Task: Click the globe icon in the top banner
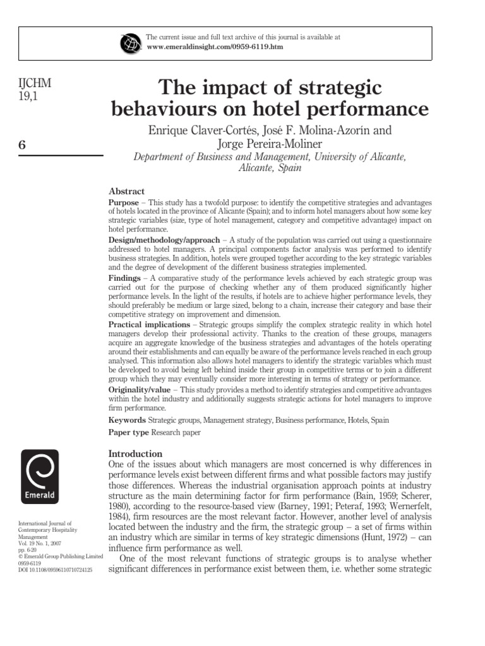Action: [x=129, y=43]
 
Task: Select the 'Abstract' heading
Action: [x=127, y=191]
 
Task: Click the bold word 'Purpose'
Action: [x=124, y=201]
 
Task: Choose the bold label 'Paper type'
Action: [x=129, y=433]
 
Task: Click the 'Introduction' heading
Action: [x=136, y=454]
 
